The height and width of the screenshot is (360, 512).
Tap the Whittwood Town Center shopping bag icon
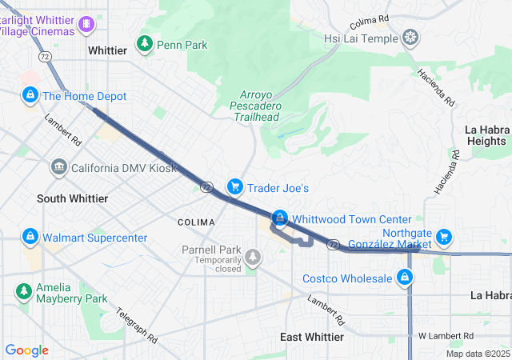pyautogui.click(x=280, y=218)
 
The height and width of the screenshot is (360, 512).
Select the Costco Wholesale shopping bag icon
pyautogui.click(x=405, y=278)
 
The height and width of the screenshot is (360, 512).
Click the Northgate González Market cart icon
pyautogui.click(x=444, y=237)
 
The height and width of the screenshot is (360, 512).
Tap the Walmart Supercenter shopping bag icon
pyautogui.click(x=30, y=238)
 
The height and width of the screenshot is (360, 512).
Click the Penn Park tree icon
pyautogui.click(x=145, y=44)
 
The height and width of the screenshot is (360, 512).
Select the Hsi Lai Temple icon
pyautogui.click(x=410, y=38)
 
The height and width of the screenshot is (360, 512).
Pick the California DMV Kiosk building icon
pyautogui.click(x=59, y=168)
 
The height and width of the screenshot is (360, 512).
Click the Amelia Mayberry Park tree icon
pyautogui.click(x=24, y=290)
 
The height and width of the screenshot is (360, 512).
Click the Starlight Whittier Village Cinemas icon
pyautogui.click(x=85, y=25)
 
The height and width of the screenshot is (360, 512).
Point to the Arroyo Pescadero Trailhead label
pyautogui.click(x=256, y=106)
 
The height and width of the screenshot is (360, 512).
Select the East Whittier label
pyautogui.click(x=312, y=337)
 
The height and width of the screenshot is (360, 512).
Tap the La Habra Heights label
pyautogui.click(x=487, y=135)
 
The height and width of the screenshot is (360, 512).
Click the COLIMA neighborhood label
pyautogui.click(x=196, y=222)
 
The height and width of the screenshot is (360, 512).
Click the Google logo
pyautogui.click(x=27, y=350)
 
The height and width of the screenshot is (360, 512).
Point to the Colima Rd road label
pyautogui.click(x=369, y=18)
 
